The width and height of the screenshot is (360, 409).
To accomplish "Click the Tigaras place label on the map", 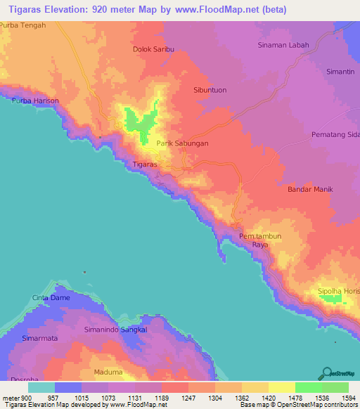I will (x=144, y=164).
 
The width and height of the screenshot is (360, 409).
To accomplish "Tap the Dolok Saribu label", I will (x=153, y=50).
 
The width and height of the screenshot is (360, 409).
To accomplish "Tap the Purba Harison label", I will (x=35, y=101).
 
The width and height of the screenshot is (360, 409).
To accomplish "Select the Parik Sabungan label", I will (x=182, y=143).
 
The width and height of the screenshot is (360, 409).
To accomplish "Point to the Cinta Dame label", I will (x=50, y=298).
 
